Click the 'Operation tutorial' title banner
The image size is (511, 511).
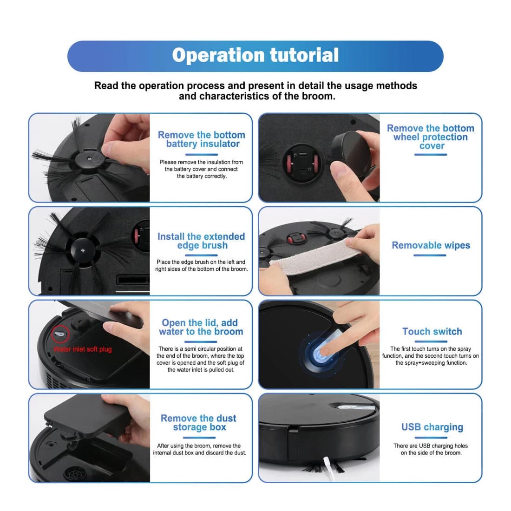click(255, 56)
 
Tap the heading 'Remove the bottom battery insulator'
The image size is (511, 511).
click(201, 139)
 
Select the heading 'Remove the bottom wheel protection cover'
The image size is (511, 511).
click(431, 137)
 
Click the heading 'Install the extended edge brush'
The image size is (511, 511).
click(201, 241)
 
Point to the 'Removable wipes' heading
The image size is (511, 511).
click(431, 245)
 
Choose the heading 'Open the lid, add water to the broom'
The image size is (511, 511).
click(201, 327)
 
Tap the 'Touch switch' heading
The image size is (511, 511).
click(432, 332)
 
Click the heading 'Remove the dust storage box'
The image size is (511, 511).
click(199, 423)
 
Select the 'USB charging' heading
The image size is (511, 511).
click(432, 427)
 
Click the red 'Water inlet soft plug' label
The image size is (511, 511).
click(83, 349)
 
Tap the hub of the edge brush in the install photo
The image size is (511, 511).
click(81, 250)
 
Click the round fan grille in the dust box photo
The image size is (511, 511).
click(72, 474)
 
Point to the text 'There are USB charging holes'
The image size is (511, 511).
click(431, 446)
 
